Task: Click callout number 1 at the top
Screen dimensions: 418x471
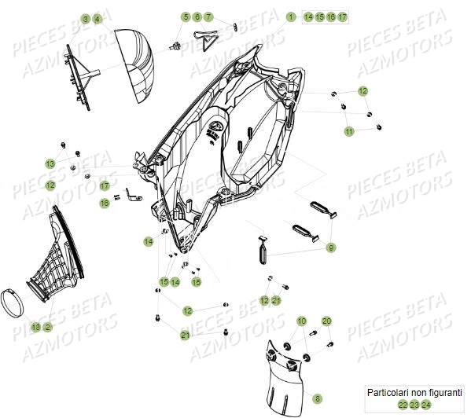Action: pyautogui.click(x=290, y=16)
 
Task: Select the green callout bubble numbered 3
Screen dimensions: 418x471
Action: pyautogui.click(x=85, y=18)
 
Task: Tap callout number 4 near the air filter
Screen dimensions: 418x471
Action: pyautogui.click(x=97, y=18)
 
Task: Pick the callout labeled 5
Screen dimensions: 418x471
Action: pyautogui.click(x=186, y=16)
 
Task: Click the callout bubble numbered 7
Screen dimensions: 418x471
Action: pyautogui.click(x=208, y=16)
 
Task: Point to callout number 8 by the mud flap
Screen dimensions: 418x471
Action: pyautogui.click(x=296, y=398)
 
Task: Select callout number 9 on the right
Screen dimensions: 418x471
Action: pyautogui.click(x=332, y=247)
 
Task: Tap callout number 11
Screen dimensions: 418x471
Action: pyautogui.click(x=348, y=132)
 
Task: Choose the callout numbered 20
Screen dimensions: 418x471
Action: pyautogui.click(x=327, y=321)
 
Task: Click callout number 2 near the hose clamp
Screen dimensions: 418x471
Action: pyautogui.click(x=47, y=326)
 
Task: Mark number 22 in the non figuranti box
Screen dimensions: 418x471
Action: pyautogui.click(x=403, y=405)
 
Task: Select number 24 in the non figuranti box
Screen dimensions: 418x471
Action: pyautogui.click(x=426, y=405)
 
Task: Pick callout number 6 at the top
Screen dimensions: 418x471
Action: pyautogui.click(x=197, y=16)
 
